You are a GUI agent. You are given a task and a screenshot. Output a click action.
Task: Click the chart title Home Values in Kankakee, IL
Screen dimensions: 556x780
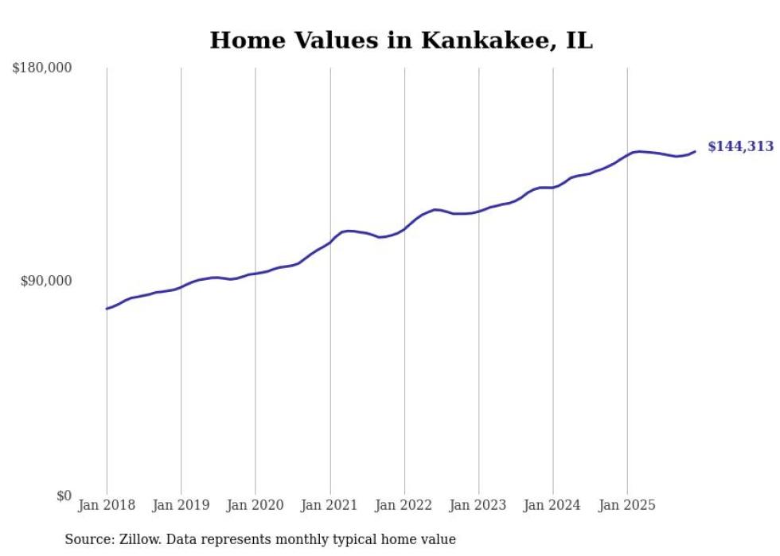point(401,41)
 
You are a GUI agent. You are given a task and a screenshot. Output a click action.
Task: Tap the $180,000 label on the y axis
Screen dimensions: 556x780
point(42,68)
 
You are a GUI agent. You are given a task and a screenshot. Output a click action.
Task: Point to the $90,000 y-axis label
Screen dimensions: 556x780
point(45,282)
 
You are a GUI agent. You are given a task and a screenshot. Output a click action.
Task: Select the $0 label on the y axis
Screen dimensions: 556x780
point(64,496)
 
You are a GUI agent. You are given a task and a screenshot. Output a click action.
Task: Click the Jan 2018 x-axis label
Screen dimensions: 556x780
point(107,505)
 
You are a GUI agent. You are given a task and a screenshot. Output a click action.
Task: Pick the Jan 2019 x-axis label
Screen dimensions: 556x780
point(181,505)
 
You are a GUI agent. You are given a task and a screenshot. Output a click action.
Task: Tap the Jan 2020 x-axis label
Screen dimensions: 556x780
point(255,505)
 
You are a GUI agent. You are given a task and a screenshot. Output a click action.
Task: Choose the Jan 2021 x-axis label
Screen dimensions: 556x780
point(330,505)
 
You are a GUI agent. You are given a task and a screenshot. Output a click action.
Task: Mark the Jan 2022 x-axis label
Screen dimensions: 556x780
point(404,505)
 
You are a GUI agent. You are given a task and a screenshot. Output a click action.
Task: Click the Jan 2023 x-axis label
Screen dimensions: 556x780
point(478,505)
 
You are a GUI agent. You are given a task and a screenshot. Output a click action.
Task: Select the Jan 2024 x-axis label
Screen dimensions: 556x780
point(552,505)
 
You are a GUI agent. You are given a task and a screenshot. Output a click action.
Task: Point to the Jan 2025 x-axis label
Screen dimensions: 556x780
point(627,505)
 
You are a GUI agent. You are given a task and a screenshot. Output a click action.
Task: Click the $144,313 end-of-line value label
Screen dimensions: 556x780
point(740,146)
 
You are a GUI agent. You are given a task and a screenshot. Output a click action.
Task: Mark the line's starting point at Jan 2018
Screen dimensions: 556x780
point(107,309)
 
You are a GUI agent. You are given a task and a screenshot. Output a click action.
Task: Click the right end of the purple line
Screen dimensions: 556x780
point(695,151)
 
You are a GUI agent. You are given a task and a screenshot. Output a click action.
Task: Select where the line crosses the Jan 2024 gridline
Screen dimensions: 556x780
point(552,188)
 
